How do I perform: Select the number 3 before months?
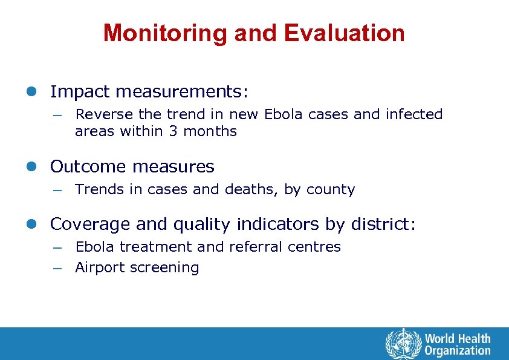[x=172, y=131]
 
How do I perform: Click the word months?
[x=210, y=131]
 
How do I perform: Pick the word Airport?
[x=97, y=268]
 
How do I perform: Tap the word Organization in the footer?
[x=458, y=350]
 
